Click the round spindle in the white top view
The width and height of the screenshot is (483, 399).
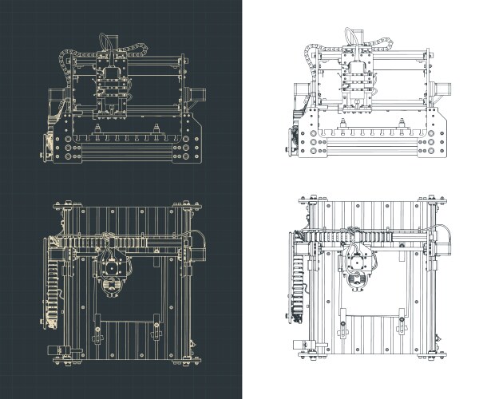point(356,276)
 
